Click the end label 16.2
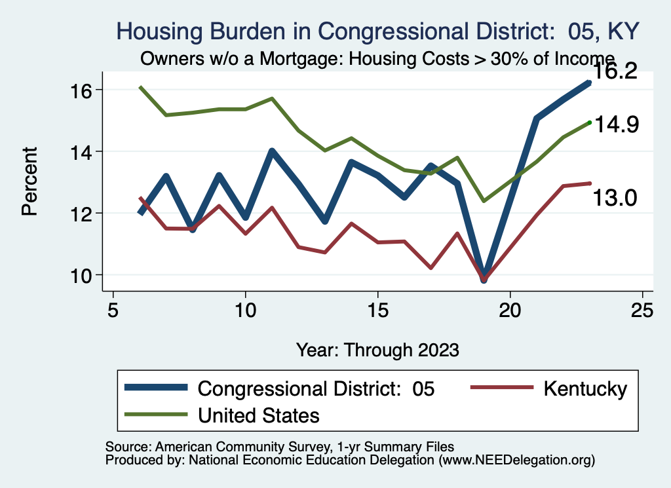(x=615, y=72)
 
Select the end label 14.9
(x=615, y=124)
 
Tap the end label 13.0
(x=615, y=198)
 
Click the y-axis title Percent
(x=29, y=181)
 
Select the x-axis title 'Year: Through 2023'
(x=377, y=349)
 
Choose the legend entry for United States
(x=258, y=415)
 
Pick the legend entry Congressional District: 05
(x=316, y=388)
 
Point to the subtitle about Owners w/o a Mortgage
(x=377, y=58)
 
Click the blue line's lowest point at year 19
(x=484, y=278)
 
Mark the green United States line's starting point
(x=140, y=86)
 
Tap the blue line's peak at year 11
(x=272, y=152)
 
